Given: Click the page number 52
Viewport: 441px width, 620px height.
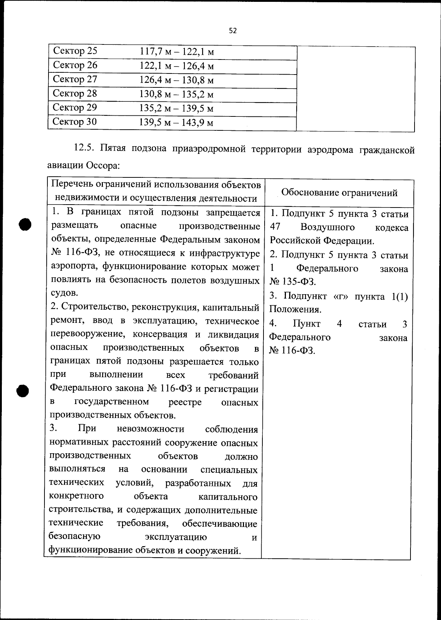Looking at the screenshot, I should pos(233,31).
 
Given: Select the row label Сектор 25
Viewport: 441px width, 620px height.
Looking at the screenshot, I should pos(75,51).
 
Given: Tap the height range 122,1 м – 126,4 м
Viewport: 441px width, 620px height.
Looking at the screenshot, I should pos(176,66).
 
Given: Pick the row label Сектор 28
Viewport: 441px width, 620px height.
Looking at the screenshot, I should pos(75,93).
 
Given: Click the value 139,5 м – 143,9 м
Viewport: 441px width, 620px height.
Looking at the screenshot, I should pos(176,123).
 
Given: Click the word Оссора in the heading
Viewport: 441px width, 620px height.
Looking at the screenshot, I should pos(103,165).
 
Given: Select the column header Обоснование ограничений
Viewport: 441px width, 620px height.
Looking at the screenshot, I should pos(339,193).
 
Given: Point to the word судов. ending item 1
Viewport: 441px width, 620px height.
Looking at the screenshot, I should pos(64,293).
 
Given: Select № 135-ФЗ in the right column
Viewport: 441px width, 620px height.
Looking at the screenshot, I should pos(293,282).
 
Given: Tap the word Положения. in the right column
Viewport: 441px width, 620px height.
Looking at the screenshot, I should pos(295,309).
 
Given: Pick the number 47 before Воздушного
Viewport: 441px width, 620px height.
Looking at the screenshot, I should pos(275,227).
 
